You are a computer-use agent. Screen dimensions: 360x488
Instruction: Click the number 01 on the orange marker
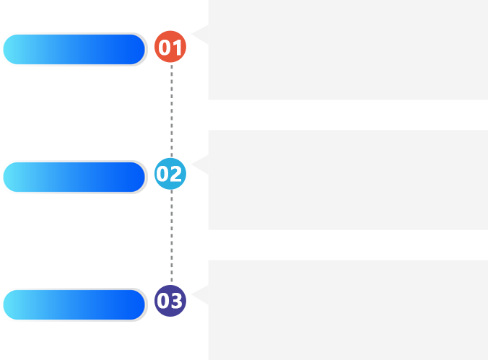pyautogui.click(x=170, y=48)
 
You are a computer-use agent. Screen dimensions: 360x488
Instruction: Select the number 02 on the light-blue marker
pyautogui.click(x=169, y=174)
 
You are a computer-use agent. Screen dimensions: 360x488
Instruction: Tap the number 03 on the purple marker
pyautogui.click(x=170, y=301)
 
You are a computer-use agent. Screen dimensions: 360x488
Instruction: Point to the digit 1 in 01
pyautogui.click(x=178, y=48)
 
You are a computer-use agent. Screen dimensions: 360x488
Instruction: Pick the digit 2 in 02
pyautogui.click(x=175, y=174)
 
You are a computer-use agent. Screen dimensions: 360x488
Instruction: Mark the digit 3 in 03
pyautogui.click(x=177, y=301)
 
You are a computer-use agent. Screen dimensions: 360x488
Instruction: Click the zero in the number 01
pyautogui.click(x=165, y=48)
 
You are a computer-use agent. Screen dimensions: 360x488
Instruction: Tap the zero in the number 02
pyautogui.click(x=162, y=174)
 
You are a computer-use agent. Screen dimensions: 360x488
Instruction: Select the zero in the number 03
pyautogui.click(x=163, y=301)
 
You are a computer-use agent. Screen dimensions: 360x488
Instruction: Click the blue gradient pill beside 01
pyautogui.click(x=74, y=49)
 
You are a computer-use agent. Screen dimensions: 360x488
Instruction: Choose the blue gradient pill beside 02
pyautogui.click(x=74, y=177)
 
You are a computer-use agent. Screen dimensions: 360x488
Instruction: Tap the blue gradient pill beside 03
pyautogui.click(x=74, y=304)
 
